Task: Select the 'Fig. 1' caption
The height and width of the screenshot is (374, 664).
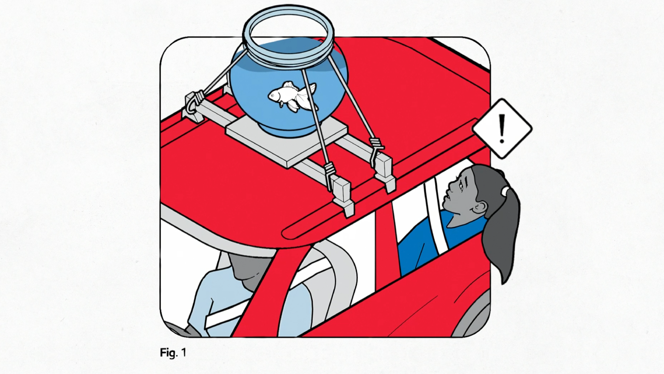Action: (173, 353)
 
